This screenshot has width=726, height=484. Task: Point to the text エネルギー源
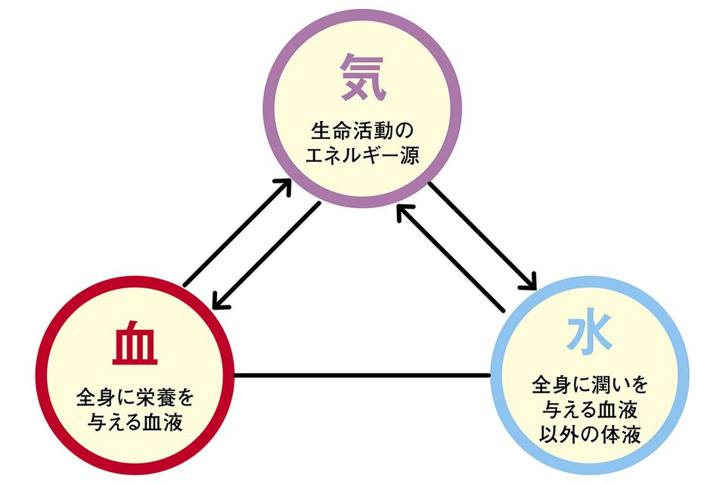coord(364,157)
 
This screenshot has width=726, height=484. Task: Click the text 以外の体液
coord(590,438)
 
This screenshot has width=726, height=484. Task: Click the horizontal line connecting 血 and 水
coord(363,374)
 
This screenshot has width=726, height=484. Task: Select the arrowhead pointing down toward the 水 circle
coord(529,285)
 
